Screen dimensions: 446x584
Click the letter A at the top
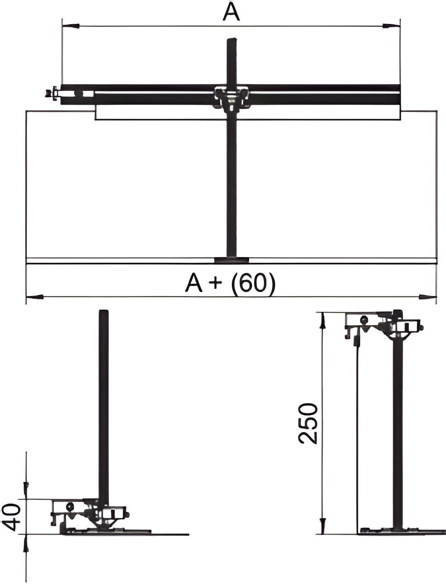coord(231,12)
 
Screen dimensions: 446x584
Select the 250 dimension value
coord(308,424)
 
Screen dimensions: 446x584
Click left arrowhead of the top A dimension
coord(71,26)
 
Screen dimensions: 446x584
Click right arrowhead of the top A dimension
coord(391,26)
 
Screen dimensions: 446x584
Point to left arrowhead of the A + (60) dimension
coord(35,297)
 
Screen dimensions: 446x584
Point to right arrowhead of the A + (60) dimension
coord(427,297)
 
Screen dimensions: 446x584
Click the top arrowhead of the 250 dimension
coord(323,322)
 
